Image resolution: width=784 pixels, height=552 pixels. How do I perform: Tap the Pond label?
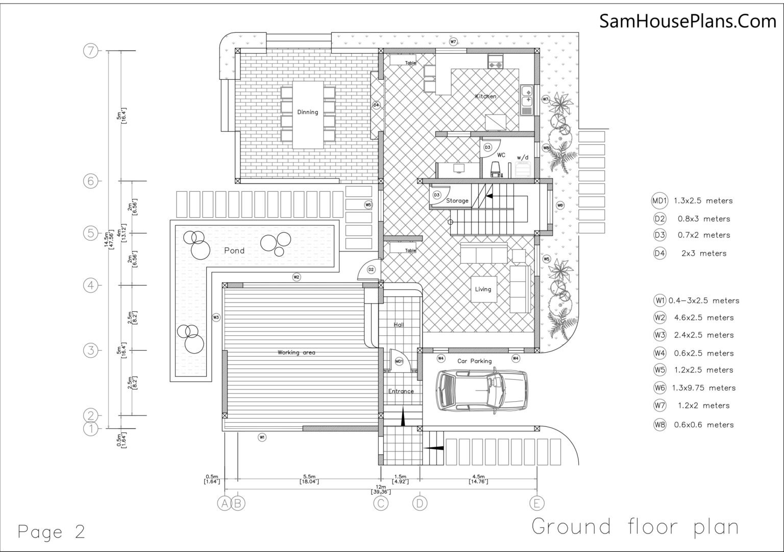coord(234,250)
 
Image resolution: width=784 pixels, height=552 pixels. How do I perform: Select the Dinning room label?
coord(307,112)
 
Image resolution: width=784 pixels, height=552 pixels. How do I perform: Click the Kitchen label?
coord(485,96)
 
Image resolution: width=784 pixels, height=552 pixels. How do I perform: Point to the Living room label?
coord(483,289)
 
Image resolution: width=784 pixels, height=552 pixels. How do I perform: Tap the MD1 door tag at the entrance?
coord(399,361)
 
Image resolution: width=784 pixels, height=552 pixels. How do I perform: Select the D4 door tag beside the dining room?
coord(376,105)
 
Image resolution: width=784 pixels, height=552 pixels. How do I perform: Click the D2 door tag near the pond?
coord(371,269)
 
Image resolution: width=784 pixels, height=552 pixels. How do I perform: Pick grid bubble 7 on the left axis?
coord(91,51)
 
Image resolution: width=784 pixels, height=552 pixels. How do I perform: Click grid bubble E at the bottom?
coord(536,503)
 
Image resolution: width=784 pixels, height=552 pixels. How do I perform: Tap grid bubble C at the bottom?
coord(381,503)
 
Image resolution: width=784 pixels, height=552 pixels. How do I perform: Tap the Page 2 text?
coord(51,532)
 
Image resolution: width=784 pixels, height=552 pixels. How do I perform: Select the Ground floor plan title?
coord(635,526)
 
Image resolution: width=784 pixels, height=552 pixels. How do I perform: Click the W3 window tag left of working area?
coord(216,317)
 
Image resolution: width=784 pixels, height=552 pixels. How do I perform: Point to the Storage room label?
coord(457,201)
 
